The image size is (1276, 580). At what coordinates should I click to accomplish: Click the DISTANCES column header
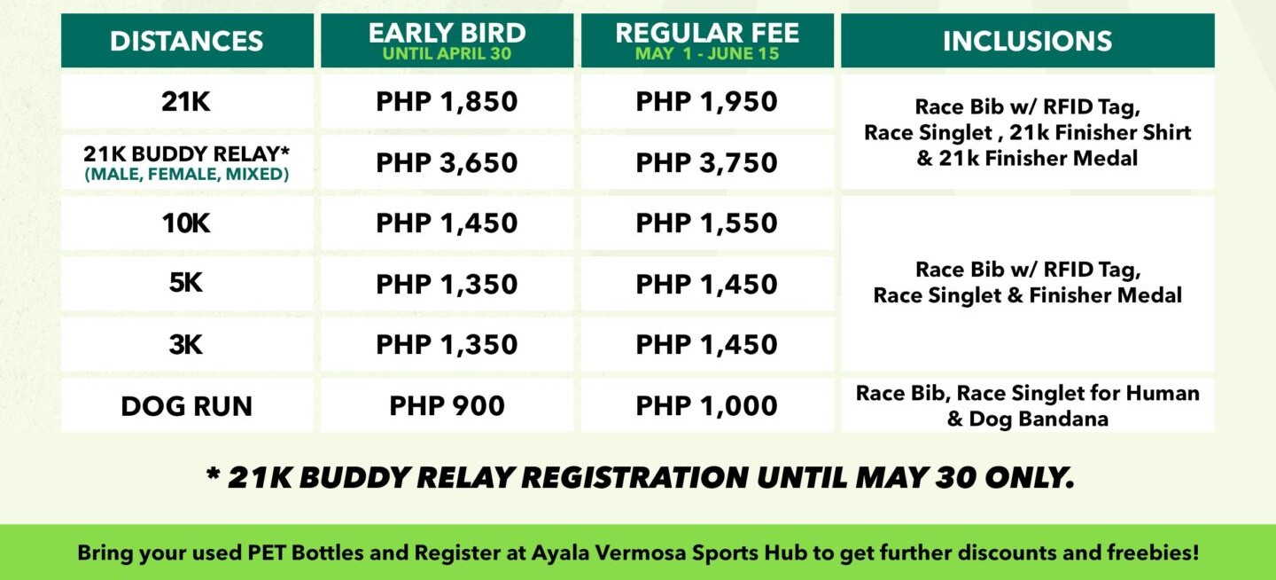186,41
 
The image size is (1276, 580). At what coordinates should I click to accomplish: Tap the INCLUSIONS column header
1027,41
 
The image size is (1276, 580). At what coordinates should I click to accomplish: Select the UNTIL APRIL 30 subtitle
447,53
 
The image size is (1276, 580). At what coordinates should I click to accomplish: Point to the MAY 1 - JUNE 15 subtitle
707,53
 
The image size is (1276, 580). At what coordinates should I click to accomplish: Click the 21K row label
186,101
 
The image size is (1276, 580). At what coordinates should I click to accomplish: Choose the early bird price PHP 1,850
447,101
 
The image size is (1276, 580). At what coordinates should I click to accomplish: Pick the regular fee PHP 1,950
707,101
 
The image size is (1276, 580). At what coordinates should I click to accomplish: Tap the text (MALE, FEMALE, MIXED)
186,174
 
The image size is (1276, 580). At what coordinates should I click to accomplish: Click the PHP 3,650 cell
447,162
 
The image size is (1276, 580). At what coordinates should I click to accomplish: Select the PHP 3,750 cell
707,162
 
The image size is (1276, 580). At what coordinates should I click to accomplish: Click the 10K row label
186,223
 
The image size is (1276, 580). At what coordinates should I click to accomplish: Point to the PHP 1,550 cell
707,223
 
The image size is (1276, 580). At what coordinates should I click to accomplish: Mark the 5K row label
186,282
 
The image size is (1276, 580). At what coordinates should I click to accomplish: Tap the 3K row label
186,344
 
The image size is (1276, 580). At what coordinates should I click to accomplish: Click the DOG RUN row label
186,406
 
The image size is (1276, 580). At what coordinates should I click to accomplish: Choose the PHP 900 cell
447,405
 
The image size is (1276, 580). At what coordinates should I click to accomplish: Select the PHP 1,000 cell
707,405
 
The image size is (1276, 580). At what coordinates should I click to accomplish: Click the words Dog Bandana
1039,419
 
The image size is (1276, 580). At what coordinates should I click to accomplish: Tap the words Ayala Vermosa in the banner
609,553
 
